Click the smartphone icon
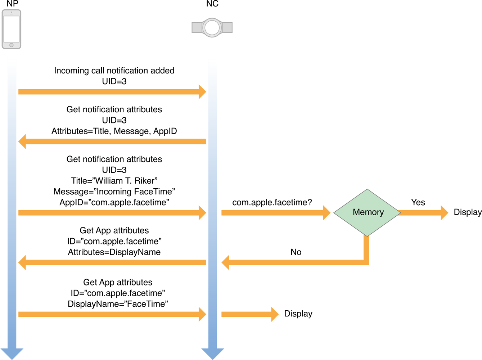tap(12, 29)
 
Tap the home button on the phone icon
tap(12, 45)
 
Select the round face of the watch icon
tap(212, 27)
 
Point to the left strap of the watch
tap(197, 27)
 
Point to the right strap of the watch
tap(227, 27)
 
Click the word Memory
tap(368, 212)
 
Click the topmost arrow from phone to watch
tap(108, 92)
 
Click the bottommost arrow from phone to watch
tap(108, 314)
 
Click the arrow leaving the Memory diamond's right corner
tap(421, 213)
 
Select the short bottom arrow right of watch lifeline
tap(245, 314)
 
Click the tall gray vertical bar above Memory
tap(350, 90)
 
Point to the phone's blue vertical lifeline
tap(12, 198)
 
